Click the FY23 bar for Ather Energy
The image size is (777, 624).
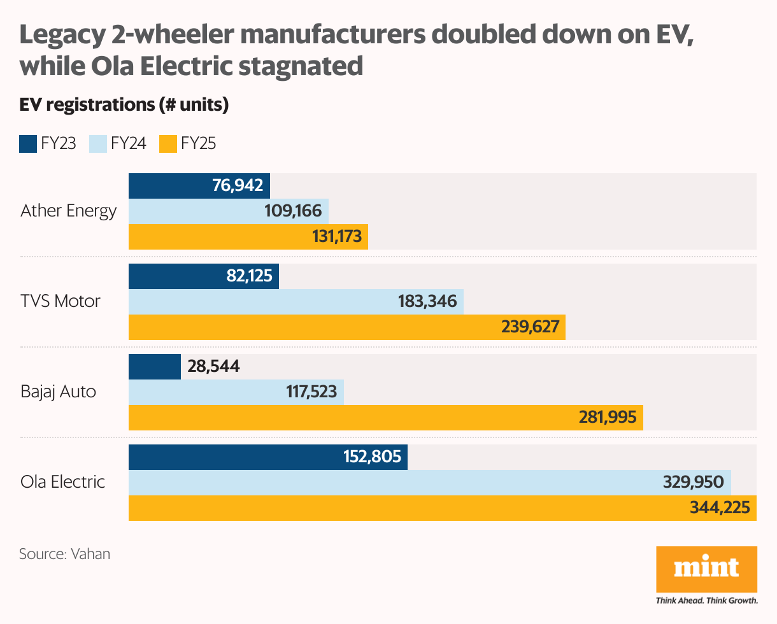[199, 186]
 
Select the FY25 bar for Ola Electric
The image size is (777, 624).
[442, 508]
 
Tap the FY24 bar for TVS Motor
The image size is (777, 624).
[296, 301]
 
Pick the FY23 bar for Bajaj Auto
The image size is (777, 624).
[155, 367]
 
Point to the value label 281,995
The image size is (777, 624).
[608, 417]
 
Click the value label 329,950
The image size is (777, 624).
[694, 482]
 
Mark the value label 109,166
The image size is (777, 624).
[293, 211]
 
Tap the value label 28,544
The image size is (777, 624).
[213, 366]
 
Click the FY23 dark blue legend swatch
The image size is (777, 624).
[28, 144]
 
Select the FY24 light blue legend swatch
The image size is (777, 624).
[98, 144]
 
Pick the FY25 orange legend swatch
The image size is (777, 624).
[168, 144]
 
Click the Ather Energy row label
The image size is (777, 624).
[68, 211]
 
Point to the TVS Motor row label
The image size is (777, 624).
[61, 301]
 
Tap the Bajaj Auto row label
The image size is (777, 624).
[59, 391]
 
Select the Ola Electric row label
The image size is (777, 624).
[62, 481]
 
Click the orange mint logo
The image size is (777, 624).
[706, 569]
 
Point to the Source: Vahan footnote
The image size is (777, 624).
[64, 554]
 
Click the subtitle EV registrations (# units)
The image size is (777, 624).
[124, 105]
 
